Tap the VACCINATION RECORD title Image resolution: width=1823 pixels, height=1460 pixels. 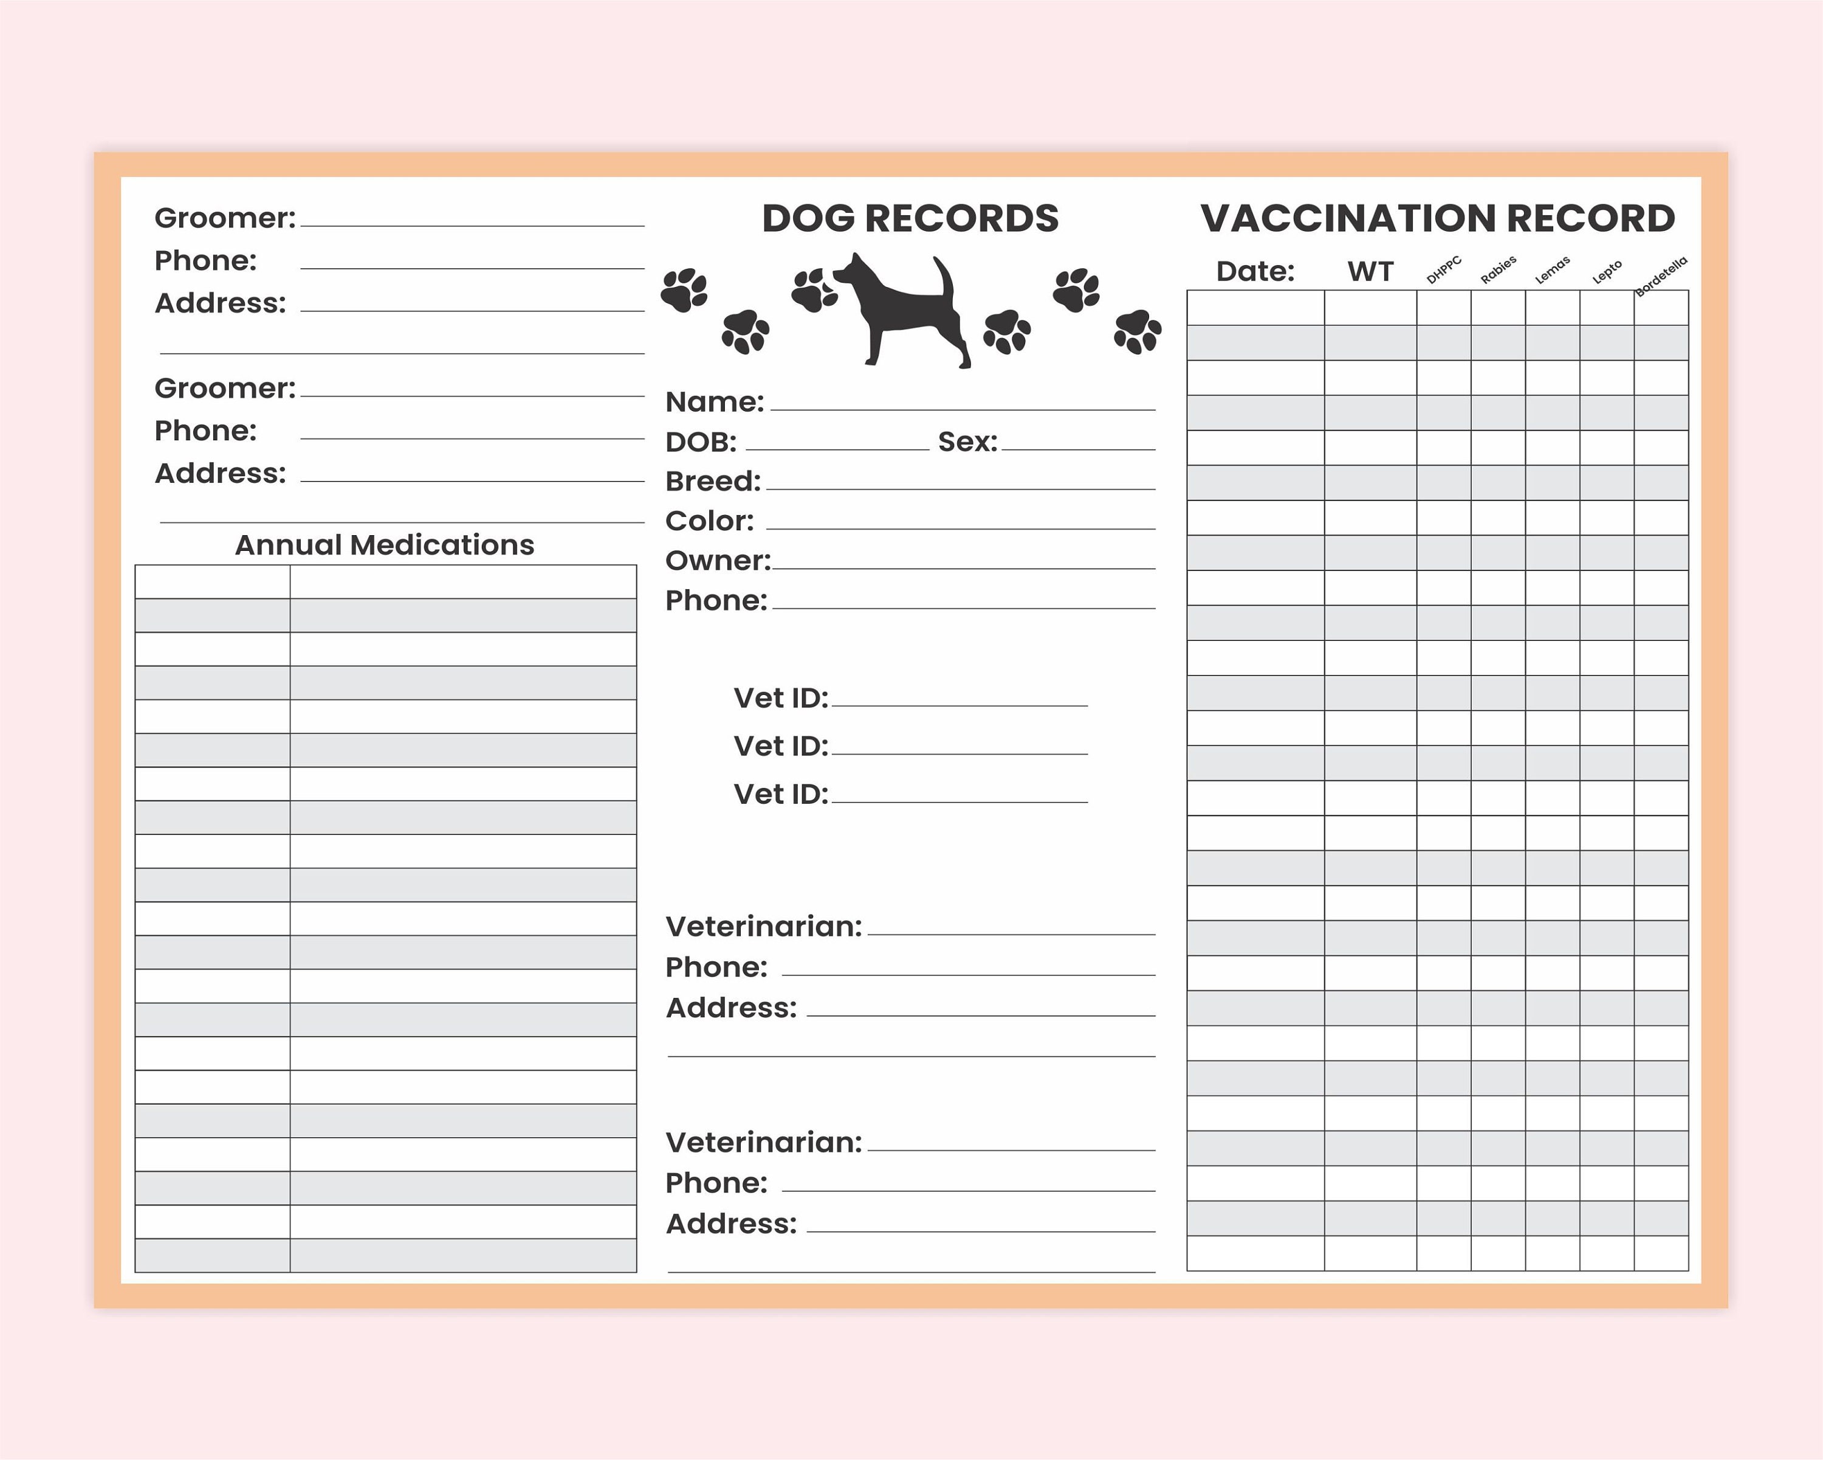coord(1437,218)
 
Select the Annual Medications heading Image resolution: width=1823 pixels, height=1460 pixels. coord(385,545)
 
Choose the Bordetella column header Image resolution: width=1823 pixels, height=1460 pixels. coord(1661,275)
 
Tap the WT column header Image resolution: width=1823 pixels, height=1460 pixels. coord(1370,272)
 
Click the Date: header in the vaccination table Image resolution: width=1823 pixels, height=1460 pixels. coord(1255,272)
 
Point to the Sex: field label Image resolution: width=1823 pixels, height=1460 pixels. coord(967,441)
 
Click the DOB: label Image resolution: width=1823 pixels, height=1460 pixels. coord(701,441)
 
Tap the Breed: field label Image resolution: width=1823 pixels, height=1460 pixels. coord(713,482)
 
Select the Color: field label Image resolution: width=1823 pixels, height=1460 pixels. coord(709,521)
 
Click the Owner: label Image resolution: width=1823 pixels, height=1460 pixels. coord(718,561)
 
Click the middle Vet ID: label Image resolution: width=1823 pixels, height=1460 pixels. coord(780,746)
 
